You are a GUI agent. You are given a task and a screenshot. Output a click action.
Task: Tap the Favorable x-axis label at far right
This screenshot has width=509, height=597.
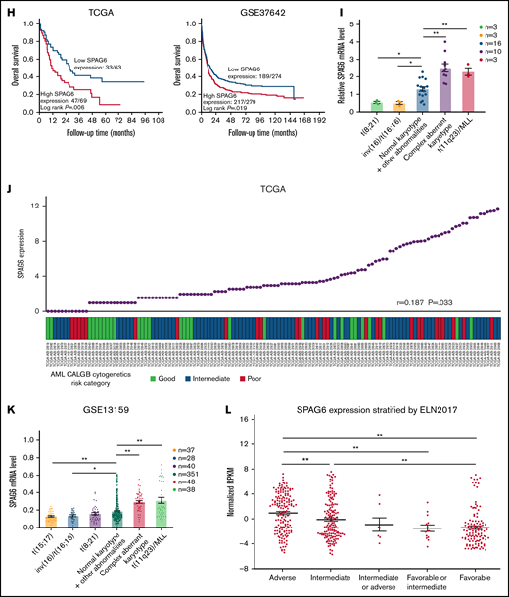pyautogui.click(x=474, y=576)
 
